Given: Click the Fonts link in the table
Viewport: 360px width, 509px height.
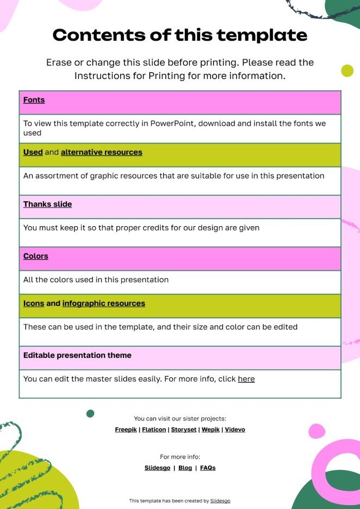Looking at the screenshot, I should tap(34, 100).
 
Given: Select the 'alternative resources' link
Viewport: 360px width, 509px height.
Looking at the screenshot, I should tap(101, 152).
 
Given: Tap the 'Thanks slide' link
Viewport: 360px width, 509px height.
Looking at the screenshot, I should tap(47, 204).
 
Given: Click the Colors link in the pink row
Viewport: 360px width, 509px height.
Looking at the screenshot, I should tap(35, 256).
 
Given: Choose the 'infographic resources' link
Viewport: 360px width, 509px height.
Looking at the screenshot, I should tap(103, 303).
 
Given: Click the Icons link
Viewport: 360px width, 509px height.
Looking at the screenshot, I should tap(34, 303).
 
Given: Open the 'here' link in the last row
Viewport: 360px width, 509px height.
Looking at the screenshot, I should tap(246, 379).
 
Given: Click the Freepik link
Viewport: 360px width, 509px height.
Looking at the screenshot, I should tap(126, 430).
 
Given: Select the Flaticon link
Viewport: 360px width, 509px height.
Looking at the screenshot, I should tap(154, 430).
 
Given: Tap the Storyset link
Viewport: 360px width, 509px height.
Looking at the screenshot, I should tap(183, 430).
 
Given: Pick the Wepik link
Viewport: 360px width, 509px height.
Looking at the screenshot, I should tap(210, 430).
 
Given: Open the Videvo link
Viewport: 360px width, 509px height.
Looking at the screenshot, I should tap(235, 430).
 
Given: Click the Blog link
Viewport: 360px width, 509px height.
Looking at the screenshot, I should tap(185, 468).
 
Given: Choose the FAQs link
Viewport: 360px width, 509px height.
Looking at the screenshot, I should tap(208, 468).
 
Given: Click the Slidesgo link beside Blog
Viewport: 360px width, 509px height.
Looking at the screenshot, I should tap(157, 468).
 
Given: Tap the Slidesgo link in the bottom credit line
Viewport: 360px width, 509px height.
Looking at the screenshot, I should tap(220, 501).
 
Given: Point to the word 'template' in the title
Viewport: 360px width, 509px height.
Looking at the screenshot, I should tap(262, 36).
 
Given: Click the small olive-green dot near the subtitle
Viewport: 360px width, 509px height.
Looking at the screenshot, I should tap(347, 70).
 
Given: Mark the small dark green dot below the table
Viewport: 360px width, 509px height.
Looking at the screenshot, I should tap(90, 413).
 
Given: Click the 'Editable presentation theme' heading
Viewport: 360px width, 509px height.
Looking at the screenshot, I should tap(77, 355).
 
